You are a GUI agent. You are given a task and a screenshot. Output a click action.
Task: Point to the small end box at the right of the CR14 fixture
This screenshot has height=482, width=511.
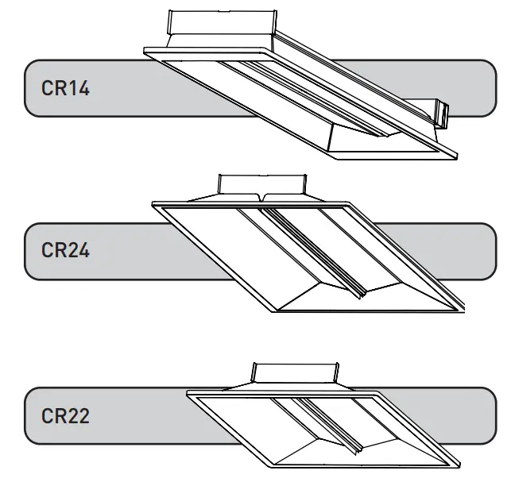point(443,116)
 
